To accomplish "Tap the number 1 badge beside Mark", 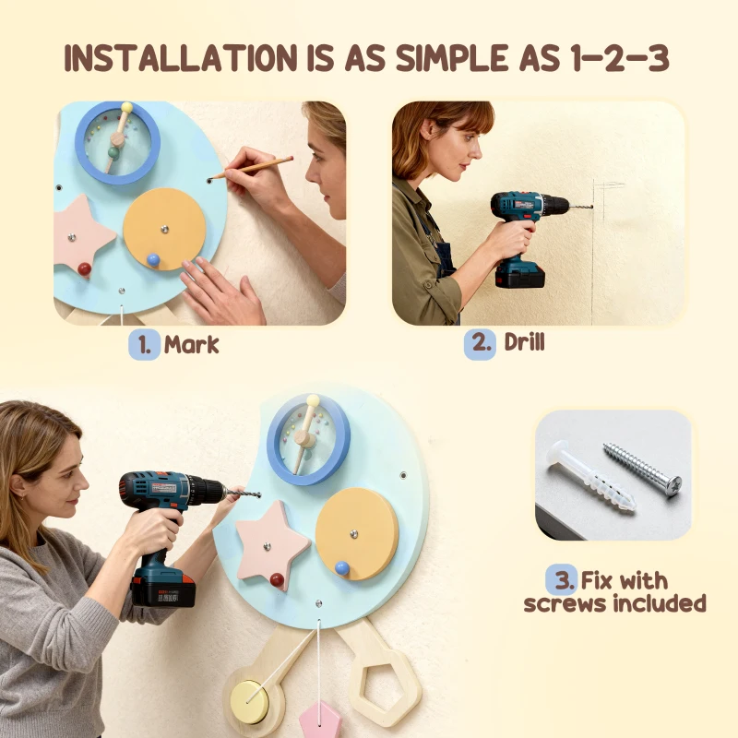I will click(x=144, y=345).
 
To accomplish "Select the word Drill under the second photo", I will click(x=524, y=343).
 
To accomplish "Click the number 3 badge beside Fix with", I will click(x=561, y=580).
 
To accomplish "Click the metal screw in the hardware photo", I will click(x=642, y=467).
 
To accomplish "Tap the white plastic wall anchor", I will click(x=590, y=476).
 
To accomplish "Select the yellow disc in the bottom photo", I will click(x=356, y=532).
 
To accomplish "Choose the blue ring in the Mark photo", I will click(x=117, y=142).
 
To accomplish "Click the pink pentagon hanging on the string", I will click(x=320, y=719).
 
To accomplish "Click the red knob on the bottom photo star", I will click(x=277, y=580).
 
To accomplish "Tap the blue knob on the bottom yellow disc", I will click(x=341, y=568).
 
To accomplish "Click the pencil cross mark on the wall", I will click(x=603, y=188).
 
